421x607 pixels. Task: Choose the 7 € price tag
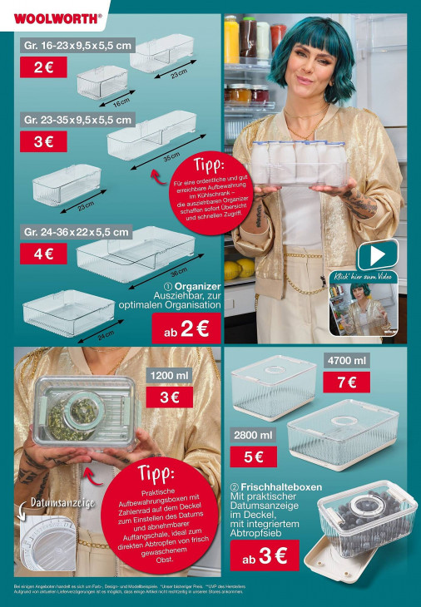(x=346, y=382)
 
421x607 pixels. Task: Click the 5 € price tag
(x=254, y=456)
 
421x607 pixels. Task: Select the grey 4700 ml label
(x=346, y=361)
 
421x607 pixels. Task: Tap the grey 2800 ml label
(x=254, y=435)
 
